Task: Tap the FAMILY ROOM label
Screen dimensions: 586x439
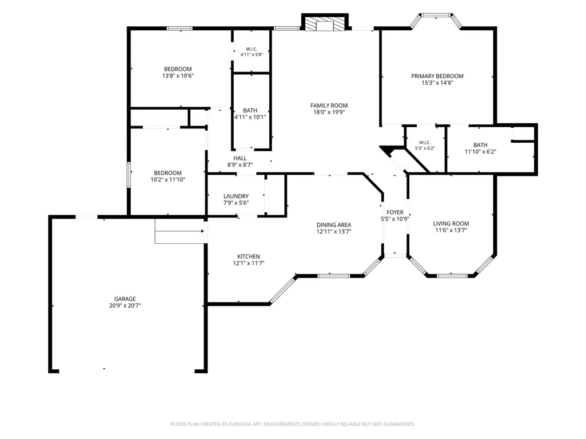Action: coord(329,106)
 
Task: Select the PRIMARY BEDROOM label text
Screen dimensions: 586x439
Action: coord(437,76)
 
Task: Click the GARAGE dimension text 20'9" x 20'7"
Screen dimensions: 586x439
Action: coord(125,305)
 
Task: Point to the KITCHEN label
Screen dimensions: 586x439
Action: coord(249,256)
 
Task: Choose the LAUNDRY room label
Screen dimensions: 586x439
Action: coord(236,196)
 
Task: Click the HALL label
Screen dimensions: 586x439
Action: coord(240,158)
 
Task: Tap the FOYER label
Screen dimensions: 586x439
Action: coord(395,212)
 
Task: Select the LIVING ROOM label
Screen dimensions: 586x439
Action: coord(451,224)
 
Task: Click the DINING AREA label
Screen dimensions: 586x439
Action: coord(334,225)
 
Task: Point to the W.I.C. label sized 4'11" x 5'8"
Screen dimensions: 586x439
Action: coord(252,49)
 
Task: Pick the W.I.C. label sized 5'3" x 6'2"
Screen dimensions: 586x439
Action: coord(425,143)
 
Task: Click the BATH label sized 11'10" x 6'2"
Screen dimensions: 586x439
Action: coord(480,145)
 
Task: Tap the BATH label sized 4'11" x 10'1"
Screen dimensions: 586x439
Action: coord(250,111)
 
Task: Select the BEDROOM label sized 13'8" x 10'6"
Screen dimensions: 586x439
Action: coord(178,69)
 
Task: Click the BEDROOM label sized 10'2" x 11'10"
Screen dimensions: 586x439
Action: coord(168,173)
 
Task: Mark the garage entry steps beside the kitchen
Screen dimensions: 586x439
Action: coord(180,231)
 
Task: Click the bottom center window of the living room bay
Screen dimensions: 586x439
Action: coord(452,276)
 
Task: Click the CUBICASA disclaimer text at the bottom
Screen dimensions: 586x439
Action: coord(293,424)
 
